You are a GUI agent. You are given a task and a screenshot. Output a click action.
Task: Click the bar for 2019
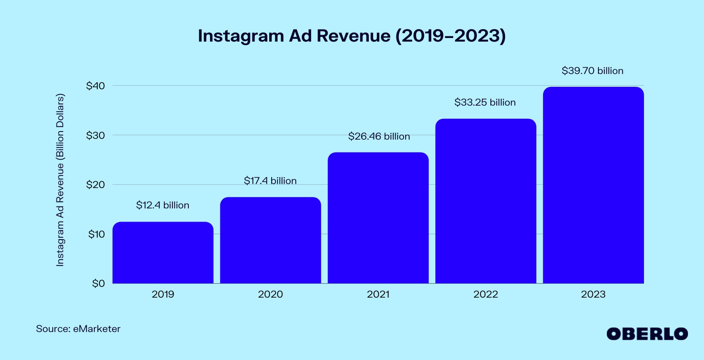[163, 253]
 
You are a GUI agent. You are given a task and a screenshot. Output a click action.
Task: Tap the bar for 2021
[378, 218]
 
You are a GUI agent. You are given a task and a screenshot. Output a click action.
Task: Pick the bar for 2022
[486, 201]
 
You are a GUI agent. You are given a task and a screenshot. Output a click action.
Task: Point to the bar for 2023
[593, 185]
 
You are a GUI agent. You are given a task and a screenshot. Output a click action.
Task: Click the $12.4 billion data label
[162, 205]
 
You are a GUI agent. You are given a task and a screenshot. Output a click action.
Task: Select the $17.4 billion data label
[270, 181]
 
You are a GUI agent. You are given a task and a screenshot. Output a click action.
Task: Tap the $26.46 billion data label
[379, 136]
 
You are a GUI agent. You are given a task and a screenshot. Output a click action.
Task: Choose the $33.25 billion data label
[485, 102]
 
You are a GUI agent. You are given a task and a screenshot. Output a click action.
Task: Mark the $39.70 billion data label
[592, 71]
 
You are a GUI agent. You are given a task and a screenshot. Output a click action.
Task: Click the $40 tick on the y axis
[95, 86]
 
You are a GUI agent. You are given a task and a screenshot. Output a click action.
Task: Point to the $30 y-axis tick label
[95, 135]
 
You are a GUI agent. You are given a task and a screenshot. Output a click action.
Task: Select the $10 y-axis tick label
[96, 234]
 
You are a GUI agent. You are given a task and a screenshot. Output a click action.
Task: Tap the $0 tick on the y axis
[98, 284]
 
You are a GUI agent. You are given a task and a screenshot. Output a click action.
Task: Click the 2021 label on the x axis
[378, 294]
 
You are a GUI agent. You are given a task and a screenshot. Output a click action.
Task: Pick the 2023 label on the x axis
[593, 294]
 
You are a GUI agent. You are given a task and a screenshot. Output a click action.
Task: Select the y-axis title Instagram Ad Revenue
[60, 180]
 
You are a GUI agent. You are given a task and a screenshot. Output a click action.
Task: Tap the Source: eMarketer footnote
[78, 329]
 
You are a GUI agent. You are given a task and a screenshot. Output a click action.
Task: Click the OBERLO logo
[647, 334]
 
